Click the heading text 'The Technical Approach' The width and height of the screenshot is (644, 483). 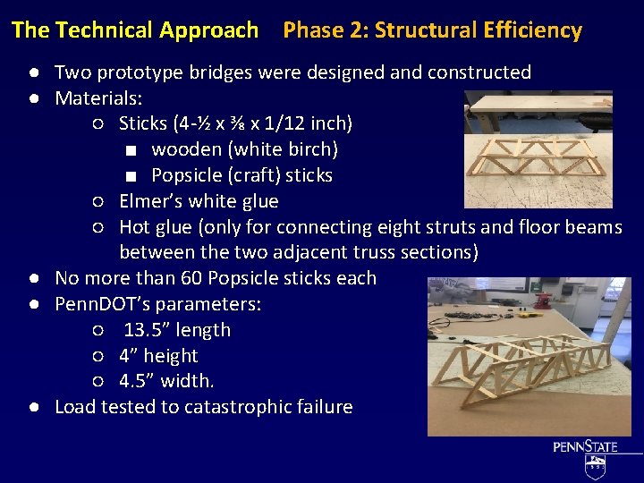135,30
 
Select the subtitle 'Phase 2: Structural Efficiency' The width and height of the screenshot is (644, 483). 432,30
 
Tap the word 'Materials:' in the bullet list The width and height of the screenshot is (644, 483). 98,97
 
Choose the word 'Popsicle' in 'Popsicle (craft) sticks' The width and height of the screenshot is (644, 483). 187,174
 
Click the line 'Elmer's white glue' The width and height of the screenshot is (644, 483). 199,200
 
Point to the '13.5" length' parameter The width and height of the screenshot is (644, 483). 177,330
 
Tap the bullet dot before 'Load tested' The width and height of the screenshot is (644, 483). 31,407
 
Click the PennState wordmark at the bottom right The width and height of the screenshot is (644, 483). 586,446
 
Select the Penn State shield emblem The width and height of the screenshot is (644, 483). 595,466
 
